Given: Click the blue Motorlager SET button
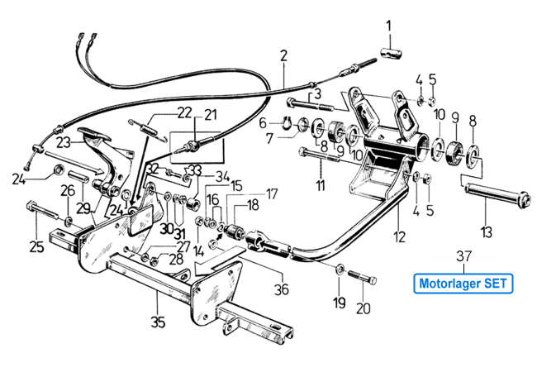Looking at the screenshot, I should pos(463,283).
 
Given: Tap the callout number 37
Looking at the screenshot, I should pos(463,255).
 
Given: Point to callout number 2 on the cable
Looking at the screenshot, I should pos(283,56).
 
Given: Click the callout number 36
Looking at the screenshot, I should pos(283,289).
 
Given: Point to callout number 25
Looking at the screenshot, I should pos(36,246).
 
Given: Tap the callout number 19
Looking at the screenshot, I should pos(339,303).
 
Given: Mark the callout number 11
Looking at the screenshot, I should pos(320,185).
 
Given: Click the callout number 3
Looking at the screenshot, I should pos(316,93).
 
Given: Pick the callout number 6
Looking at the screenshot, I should pos(264,123).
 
